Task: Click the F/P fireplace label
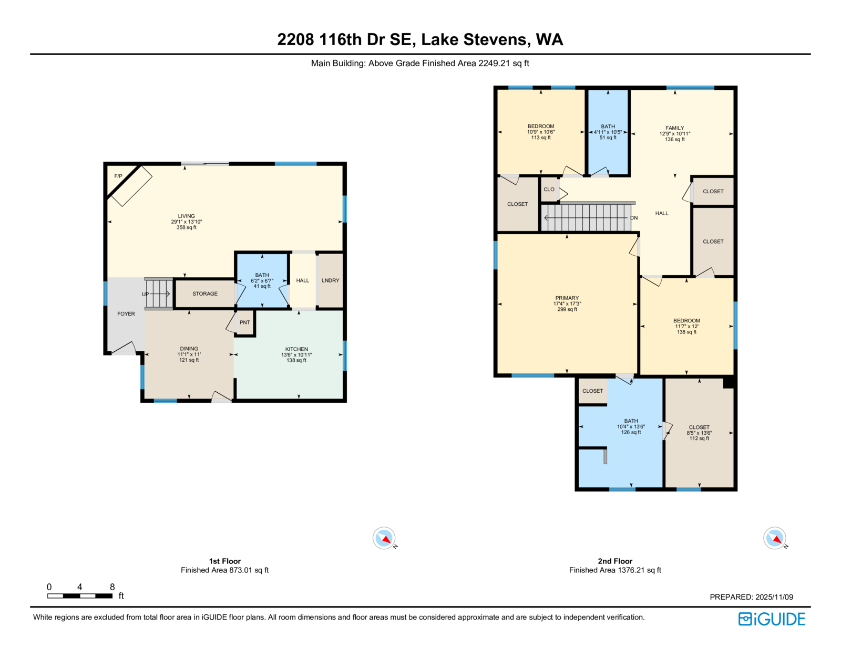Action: [118, 176]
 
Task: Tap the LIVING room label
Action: [186, 216]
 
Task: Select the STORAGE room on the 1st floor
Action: [205, 294]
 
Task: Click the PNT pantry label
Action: [244, 322]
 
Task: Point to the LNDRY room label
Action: [330, 280]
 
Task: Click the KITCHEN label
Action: [296, 349]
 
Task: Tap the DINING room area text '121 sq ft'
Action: [189, 360]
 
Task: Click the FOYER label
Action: [126, 314]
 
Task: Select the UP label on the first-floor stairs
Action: [146, 294]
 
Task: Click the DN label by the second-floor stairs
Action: [634, 217]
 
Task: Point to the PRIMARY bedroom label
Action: [567, 298]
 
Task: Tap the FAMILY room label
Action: [674, 128]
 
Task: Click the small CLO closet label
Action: [549, 190]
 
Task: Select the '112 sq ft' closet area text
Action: [699, 438]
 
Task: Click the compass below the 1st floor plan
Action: [384, 538]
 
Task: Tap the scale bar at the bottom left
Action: [80, 596]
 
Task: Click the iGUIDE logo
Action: [771, 619]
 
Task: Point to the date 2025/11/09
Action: [774, 597]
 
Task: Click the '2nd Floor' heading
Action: [615, 561]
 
